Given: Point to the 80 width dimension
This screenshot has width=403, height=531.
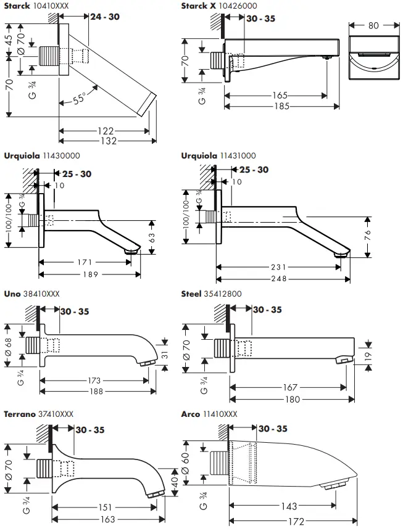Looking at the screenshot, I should click(x=373, y=26).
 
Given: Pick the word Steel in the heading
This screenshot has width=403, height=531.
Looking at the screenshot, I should click(x=191, y=294).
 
